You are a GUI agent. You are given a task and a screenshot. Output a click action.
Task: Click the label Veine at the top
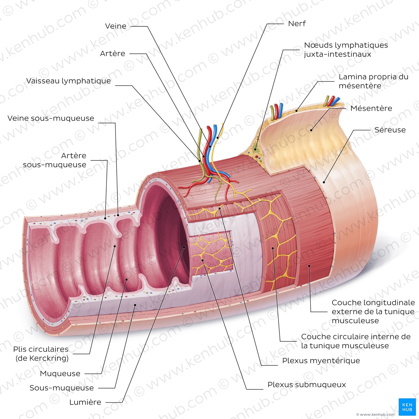tap(116, 26)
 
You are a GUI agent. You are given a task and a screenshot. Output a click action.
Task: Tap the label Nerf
tap(297, 23)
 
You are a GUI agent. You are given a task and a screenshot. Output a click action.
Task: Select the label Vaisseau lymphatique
tap(69, 81)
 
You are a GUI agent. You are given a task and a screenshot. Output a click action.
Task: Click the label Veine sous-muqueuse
tap(51, 118)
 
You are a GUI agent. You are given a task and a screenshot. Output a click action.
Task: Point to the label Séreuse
tap(390, 130)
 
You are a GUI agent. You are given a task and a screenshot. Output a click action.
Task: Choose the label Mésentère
tap(371, 108)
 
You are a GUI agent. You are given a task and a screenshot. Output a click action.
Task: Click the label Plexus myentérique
tap(321, 361)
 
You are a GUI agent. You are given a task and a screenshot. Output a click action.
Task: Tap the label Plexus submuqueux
tap(306, 384)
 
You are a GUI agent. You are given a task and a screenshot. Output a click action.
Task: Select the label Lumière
tap(85, 402)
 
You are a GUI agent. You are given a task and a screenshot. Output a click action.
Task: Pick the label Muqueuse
tap(60, 374)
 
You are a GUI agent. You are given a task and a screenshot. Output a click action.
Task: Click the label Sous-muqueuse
tap(62, 388)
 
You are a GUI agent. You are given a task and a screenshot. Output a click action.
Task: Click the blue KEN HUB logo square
tap(407, 407)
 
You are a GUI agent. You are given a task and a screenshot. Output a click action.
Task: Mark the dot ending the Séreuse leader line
tap(324, 182)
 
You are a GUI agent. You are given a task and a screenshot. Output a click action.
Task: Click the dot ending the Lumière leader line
tap(184, 247)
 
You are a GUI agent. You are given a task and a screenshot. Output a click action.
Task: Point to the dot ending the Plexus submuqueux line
tap(202, 260)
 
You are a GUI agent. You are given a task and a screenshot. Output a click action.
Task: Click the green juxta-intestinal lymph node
tap(256, 149)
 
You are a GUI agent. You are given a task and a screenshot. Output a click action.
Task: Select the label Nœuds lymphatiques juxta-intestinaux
tap(346, 50)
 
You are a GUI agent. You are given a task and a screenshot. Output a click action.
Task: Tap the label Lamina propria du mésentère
tap(373, 81)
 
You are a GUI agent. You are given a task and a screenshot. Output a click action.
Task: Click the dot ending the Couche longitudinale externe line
tap(309, 266)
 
